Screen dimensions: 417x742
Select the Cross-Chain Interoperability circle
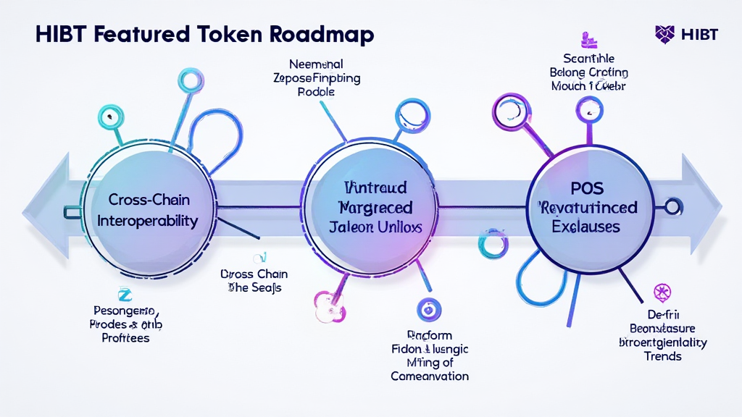[x=152, y=210]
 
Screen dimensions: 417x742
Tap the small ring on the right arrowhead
[x=673, y=208]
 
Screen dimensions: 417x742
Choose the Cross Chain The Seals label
[x=254, y=281]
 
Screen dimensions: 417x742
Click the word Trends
[x=662, y=356]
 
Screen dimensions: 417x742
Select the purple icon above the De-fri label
[x=662, y=292]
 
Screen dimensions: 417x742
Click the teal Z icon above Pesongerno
[x=122, y=293]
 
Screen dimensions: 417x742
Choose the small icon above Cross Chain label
[x=258, y=257]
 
